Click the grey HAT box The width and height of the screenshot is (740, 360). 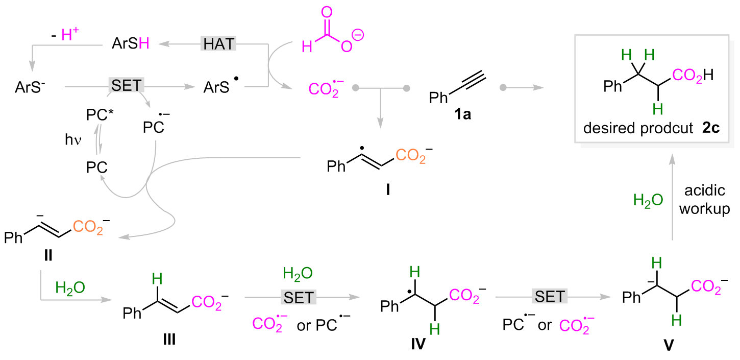(218, 44)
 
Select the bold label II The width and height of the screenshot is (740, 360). (48, 254)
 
